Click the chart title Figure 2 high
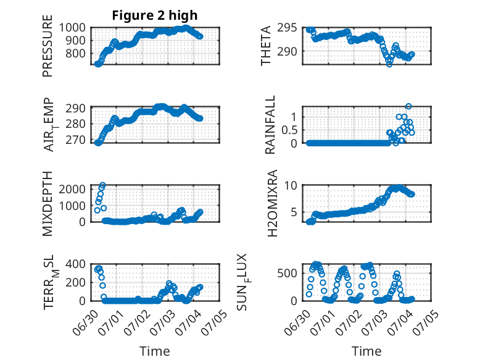[155, 15]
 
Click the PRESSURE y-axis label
[48, 46]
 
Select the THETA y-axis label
[266, 46]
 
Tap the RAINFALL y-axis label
[270, 125]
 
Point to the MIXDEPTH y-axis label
[48, 204]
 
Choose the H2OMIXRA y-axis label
[272, 203]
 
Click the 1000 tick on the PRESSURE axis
[72, 28]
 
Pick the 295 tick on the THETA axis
[287, 28]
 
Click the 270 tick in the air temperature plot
[75, 140]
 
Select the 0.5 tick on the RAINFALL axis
[289, 130]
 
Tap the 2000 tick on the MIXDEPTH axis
[72, 189]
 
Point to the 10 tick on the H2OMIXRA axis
[291, 185]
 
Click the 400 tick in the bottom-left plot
[75, 264]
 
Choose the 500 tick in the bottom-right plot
[287, 273]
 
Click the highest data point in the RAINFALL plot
[408, 106]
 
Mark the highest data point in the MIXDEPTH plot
[102, 185]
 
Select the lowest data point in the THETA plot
[389, 64]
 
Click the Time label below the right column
[366, 351]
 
